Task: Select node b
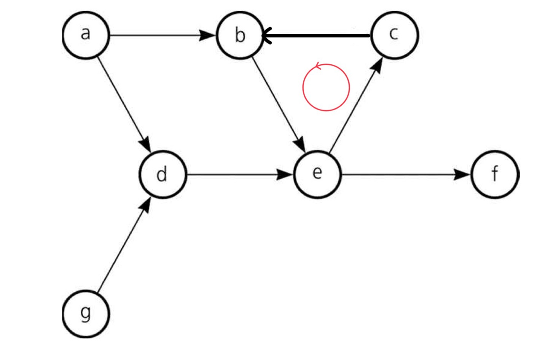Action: coord(240,35)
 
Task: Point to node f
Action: coord(494,174)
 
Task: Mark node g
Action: coord(86,314)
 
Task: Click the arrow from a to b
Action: coord(160,35)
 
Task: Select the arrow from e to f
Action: coord(403,175)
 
